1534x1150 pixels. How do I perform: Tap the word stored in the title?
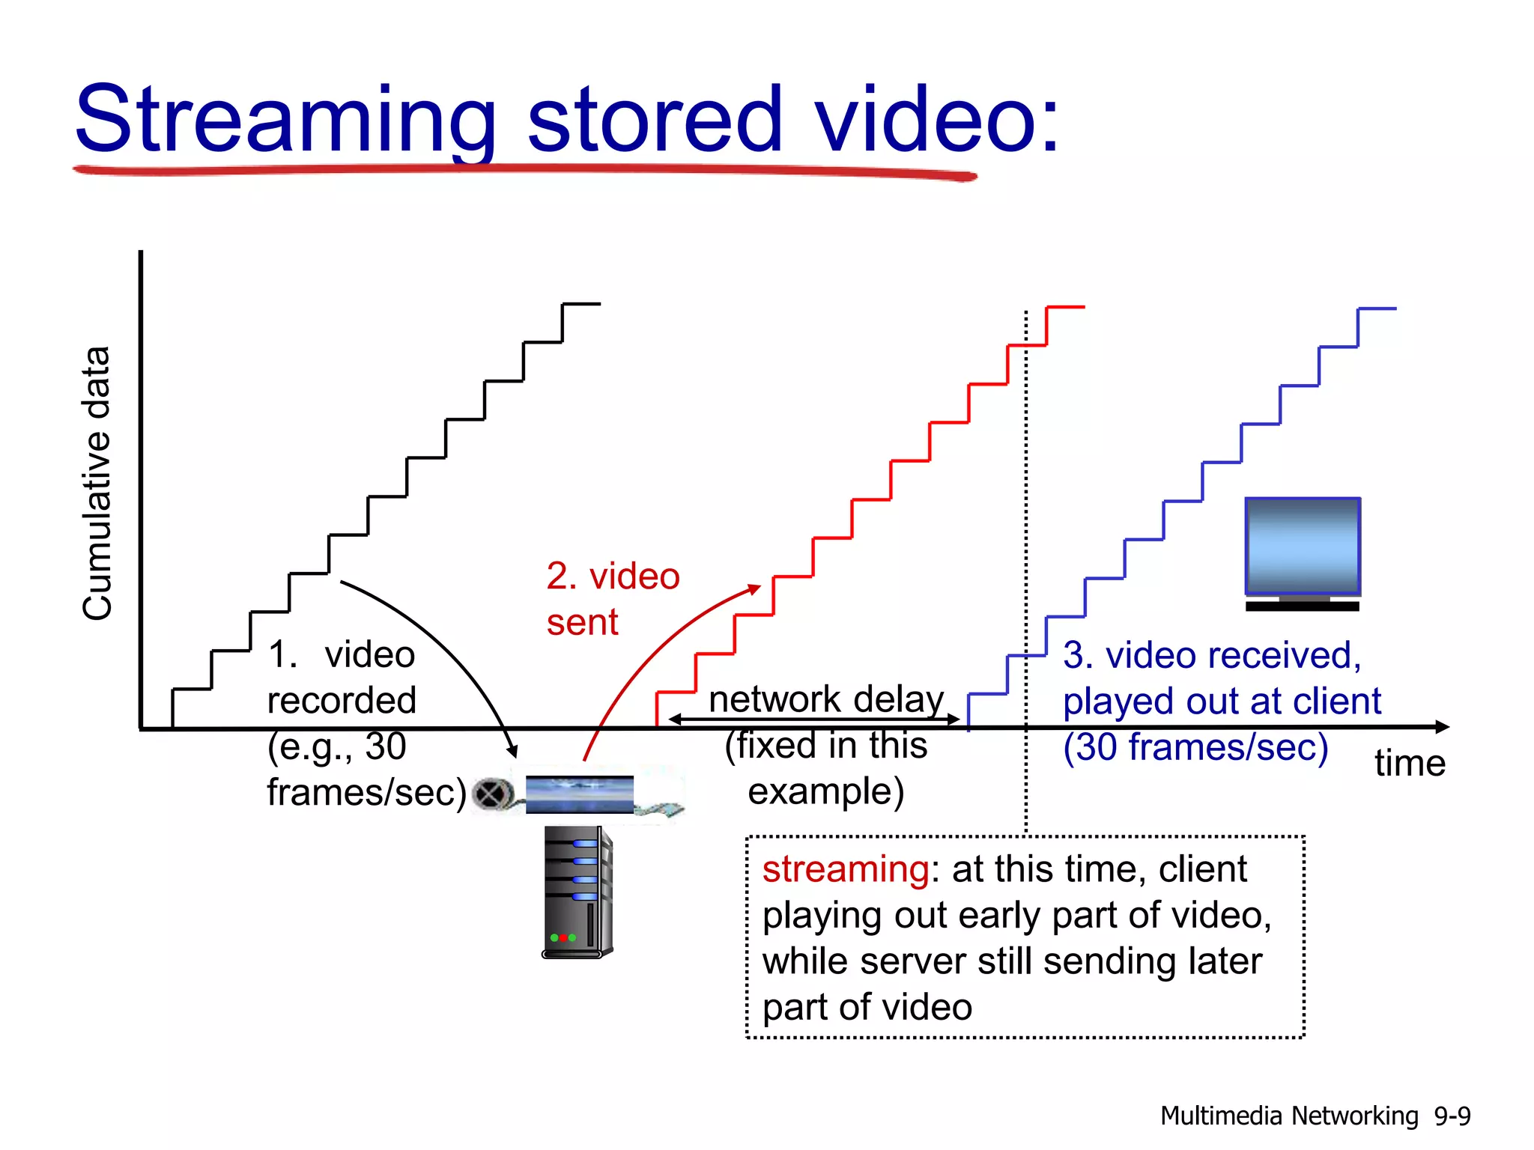tap(655, 120)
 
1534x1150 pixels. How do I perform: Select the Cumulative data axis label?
tap(97, 483)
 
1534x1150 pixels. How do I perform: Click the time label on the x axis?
tap(1410, 764)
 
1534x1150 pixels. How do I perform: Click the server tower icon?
tap(577, 891)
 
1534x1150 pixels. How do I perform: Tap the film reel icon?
tap(492, 794)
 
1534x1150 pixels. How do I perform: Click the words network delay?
tap(826, 699)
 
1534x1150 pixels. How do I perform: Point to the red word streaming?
tap(846, 869)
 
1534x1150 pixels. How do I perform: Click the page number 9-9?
tap(1452, 1116)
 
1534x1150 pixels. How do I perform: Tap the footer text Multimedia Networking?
tap(1289, 1116)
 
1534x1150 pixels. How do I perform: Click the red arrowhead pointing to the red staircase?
tap(754, 589)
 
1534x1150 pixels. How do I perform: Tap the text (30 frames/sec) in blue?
tap(1195, 747)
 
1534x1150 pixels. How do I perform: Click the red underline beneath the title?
tap(524, 171)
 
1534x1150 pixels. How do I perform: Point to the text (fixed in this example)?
tap(826, 768)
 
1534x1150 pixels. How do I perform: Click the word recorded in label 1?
tap(342, 701)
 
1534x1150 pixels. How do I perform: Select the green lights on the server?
tap(563, 937)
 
